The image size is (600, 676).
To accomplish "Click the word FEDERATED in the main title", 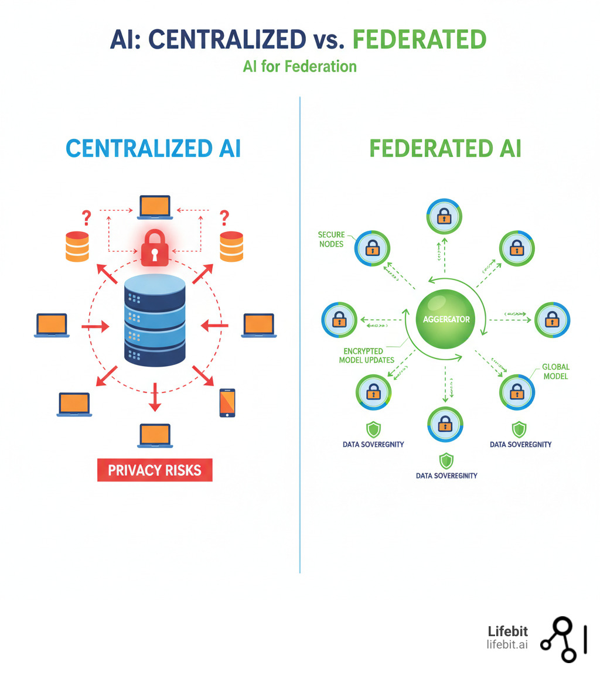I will pos(419,39).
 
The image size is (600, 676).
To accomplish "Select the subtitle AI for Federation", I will pos(299,66).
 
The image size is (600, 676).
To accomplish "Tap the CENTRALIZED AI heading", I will pos(153,148).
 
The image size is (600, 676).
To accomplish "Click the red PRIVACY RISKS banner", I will pos(155,470).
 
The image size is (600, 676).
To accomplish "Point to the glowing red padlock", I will pos(155,248).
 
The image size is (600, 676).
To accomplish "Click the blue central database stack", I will pos(155,319).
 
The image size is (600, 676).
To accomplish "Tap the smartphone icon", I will pos(227,402).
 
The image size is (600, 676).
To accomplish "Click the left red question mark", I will pos(87,218).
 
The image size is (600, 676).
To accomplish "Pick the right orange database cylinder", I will pos(231,246).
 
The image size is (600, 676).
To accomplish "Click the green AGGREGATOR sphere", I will pos(446,320).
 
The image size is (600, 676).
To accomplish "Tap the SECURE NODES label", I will pos(331,239).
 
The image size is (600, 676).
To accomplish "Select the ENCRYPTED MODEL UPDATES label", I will pos(367,356).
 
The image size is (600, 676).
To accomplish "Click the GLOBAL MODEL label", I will pos(555,371).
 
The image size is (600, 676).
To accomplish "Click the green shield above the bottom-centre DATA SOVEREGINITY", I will pos(446,460).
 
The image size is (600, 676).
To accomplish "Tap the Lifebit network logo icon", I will pos(561,640).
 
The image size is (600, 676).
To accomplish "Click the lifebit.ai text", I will pos(507,644).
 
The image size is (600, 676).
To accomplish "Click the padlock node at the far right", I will pos(552,320).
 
